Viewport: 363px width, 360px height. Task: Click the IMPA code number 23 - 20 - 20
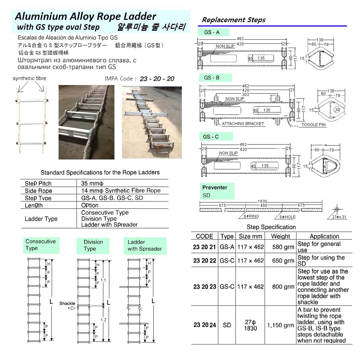pos(157,79)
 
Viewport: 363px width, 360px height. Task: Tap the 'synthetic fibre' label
pos(29,78)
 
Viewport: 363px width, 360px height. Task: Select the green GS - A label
pos(212,32)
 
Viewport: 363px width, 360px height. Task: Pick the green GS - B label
pos(212,78)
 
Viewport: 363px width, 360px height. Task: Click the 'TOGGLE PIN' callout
pos(313,125)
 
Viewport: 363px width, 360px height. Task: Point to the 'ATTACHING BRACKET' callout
pos(243,124)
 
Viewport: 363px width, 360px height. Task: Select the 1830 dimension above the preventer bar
pos(262,202)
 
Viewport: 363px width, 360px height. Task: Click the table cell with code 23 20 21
pos(204,247)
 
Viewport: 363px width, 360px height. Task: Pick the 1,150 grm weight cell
pos(281,325)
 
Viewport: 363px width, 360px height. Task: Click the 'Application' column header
pos(324,236)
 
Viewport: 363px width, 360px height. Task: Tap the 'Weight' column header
pos(280,236)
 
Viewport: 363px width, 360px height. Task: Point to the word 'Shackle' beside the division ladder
pos(67,303)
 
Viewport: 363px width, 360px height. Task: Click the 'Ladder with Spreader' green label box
pos(145,246)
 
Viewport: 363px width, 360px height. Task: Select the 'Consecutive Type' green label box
pos(41,245)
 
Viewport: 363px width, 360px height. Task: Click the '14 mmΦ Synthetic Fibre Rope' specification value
pos(121,191)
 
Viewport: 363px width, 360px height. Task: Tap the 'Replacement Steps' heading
pos(233,20)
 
